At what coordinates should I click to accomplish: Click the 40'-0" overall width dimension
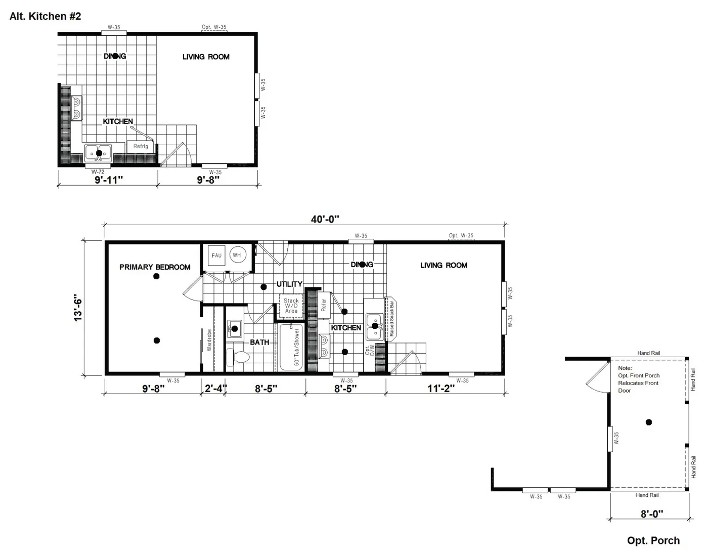(325, 219)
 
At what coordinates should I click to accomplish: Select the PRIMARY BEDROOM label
(155, 267)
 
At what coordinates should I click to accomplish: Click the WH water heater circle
(237, 255)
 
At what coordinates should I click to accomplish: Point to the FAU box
(216, 255)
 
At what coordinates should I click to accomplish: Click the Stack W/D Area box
(291, 306)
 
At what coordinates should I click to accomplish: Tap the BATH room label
(259, 342)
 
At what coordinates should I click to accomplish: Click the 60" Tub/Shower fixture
(292, 347)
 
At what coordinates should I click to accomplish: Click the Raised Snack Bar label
(391, 319)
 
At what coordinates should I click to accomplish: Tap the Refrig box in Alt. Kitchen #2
(141, 146)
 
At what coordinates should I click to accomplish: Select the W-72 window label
(98, 172)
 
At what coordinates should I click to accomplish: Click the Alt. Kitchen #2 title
(45, 16)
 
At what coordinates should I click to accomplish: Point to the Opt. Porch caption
(653, 540)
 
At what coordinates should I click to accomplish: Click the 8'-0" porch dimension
(652, 514)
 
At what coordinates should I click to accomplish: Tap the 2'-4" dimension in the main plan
(215, 389)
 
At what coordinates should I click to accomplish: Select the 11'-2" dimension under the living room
(441, 389)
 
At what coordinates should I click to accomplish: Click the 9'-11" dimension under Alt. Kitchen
(109, 180)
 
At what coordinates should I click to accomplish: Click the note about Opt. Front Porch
(639, 379)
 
